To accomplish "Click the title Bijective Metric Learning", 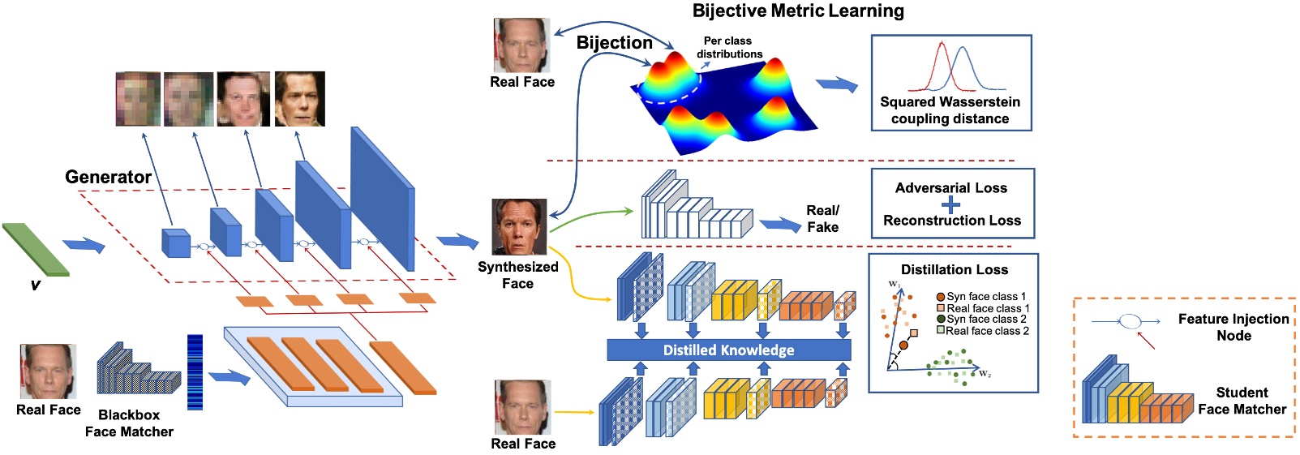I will pos(798,11).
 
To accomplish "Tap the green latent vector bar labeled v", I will pos(35,250).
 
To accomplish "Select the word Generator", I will pos(108,177).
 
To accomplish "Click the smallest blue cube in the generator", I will pos(175,243).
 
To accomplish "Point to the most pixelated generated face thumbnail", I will pos(138,99).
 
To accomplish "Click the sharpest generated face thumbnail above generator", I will pos(299,99).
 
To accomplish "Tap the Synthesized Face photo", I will pos(519,227).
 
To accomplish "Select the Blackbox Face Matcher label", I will pos(129,423).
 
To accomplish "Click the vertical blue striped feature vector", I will pos(195,372).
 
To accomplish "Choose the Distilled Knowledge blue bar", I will pos(728,350).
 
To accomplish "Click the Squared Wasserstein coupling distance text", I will pos(950,110).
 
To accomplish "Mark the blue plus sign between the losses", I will pos(950,204).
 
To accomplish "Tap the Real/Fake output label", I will pos(822,219).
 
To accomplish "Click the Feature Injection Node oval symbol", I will pos(1131,322).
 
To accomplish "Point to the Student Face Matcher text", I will pos(1242,401).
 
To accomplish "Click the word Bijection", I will pos(614,43).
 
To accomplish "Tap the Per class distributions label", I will pos(728,47).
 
